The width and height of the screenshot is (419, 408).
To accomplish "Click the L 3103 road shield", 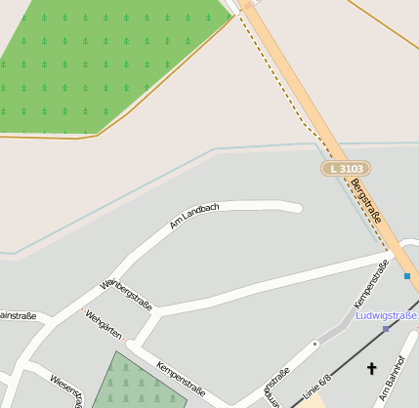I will [347, 169].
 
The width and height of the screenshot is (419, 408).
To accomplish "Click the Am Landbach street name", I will [194, 216].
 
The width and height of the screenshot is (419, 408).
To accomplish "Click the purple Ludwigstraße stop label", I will [387, 315].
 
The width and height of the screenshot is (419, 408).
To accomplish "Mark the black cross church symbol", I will [371, 368].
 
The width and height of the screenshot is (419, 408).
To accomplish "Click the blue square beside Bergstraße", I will [407, 276].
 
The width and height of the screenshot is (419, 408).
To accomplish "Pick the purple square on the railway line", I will [386, 329].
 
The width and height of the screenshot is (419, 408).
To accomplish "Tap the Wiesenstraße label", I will [65, 390].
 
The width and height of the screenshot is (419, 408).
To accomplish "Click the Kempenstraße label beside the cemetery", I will [181, 378].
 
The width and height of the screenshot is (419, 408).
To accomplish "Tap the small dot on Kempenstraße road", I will [315, 344].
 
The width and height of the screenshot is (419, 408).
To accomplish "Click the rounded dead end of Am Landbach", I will [295, 207].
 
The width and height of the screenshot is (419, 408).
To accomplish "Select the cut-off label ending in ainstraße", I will [18, 315].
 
